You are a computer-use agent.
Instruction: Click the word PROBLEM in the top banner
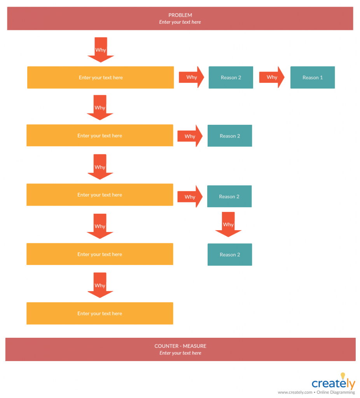180,15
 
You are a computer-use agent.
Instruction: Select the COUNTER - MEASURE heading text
180,346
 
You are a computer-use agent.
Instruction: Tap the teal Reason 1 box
312,77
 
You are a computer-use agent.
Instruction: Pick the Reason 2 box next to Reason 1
231,77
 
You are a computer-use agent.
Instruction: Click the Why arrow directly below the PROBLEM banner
101,50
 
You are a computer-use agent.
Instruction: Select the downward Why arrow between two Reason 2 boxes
228,224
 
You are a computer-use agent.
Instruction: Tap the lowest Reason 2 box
229,255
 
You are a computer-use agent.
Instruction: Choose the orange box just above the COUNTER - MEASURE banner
100,313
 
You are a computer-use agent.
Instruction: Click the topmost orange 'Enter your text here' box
100,77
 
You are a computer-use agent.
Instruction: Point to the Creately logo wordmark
333,384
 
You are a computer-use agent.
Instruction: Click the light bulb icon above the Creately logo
343,376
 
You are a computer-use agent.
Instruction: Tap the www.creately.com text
295,392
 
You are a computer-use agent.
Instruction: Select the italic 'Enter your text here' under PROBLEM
180,22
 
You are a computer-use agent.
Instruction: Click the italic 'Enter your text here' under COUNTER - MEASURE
180,353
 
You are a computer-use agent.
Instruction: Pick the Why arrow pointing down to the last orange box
100,285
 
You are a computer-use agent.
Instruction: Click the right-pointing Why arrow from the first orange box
191,77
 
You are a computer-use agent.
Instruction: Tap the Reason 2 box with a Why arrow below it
229,196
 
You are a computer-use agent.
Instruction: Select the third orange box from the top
100,195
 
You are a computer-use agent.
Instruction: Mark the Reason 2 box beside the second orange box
229,136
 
